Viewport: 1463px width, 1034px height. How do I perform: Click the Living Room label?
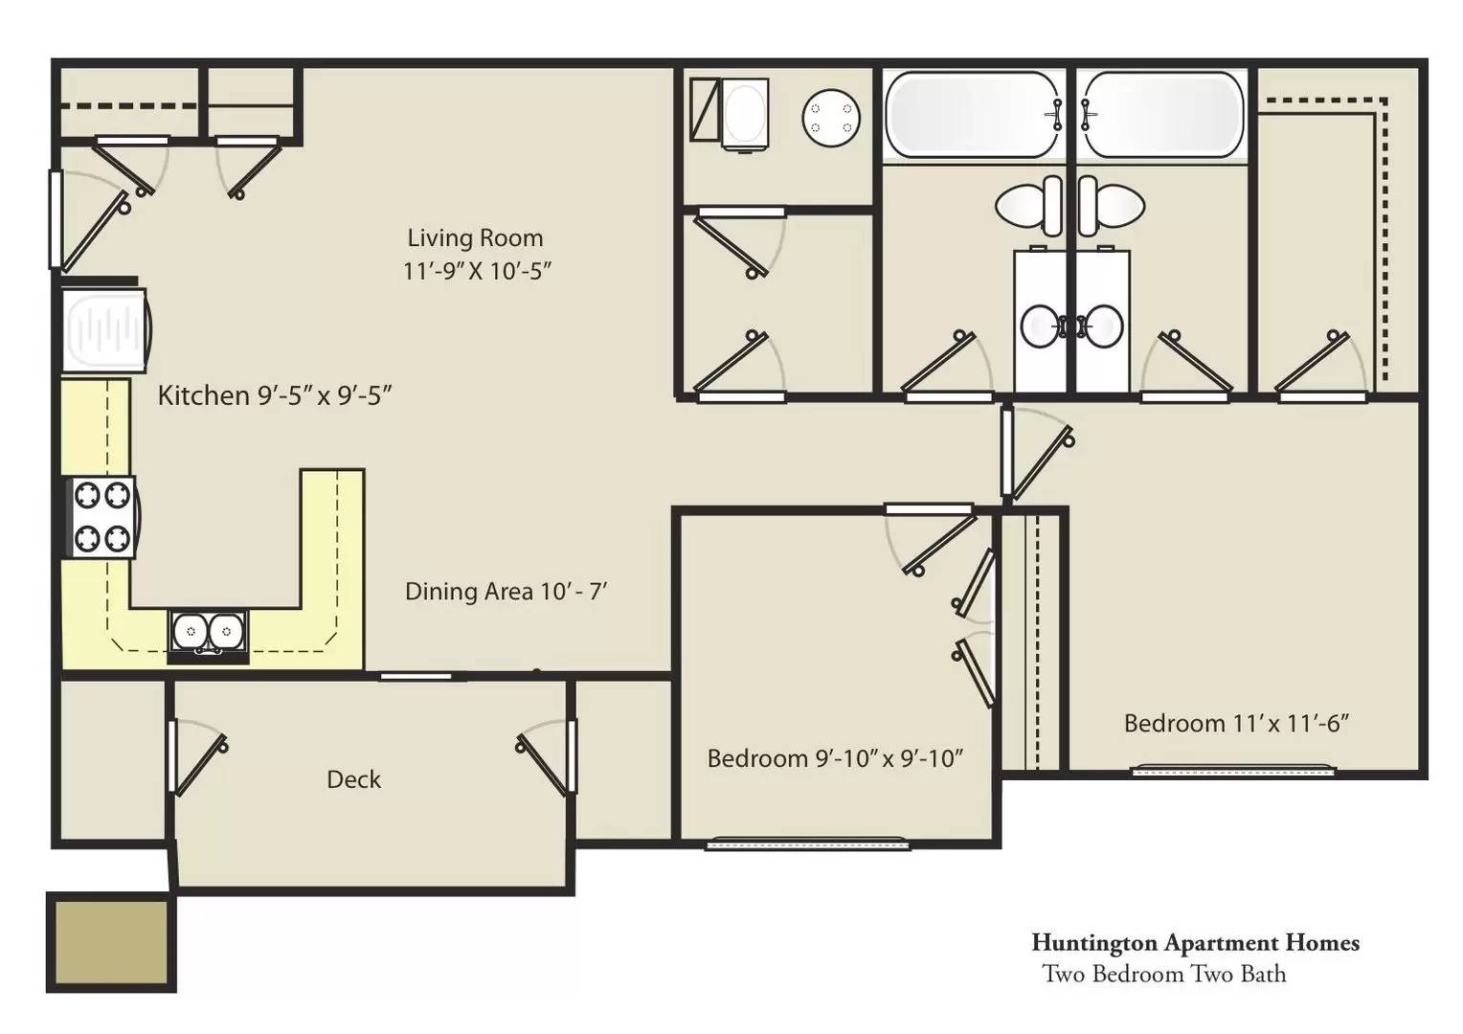(476, 237)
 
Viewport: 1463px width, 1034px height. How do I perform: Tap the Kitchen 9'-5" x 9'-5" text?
(274, 395)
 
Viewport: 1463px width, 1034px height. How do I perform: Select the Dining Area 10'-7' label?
(506, 591)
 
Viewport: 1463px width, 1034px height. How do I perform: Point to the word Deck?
(353, 779)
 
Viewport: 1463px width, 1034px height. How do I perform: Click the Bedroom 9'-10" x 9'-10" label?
(835, 758)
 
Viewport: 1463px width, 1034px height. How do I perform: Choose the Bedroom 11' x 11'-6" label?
(1237, 723)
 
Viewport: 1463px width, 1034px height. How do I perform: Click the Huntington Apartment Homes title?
(1195, 942)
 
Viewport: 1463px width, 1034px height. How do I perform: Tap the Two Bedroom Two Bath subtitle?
(1164, 974)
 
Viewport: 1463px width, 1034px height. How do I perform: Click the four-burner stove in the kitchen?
(101, 517)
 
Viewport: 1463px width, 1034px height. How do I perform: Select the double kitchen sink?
(209, 632)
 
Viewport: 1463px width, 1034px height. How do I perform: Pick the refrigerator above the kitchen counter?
(106, 331)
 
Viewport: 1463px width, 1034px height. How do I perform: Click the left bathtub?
(973, 114)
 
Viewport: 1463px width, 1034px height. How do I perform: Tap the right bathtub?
(1163, 114)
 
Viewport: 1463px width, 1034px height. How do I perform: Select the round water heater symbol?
(831, 118)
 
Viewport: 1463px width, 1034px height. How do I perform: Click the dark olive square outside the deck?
(111, 942)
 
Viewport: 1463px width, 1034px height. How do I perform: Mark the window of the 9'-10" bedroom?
(808, 843)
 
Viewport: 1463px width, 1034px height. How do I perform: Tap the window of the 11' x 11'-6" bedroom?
(1233, 770)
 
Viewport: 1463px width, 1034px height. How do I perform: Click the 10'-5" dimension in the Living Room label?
(522, 270)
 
